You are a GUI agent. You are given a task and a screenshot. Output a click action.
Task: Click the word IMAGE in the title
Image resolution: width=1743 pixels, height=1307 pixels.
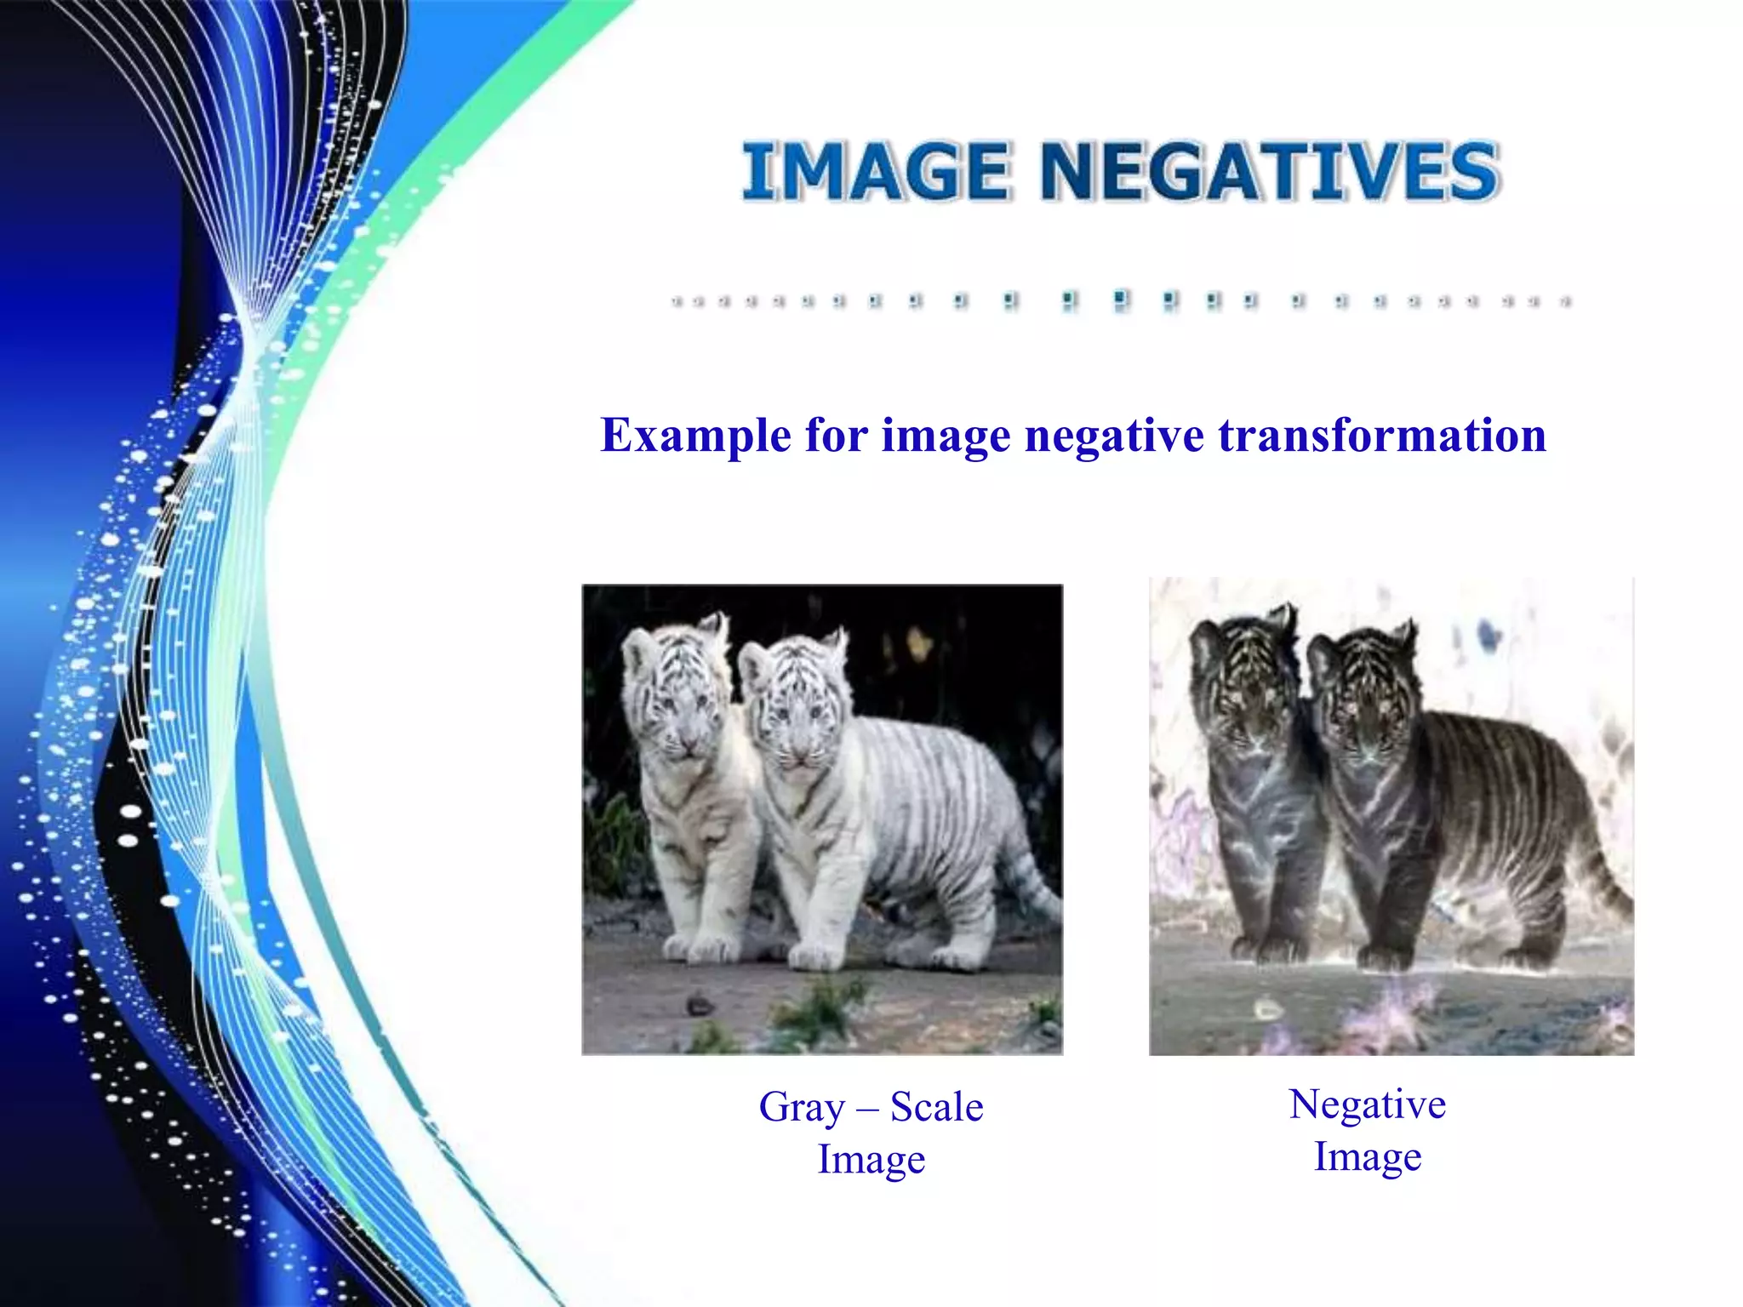pyautogui.click(x=877, y=173)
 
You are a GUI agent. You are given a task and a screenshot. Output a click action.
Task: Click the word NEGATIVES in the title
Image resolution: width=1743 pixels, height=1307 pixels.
pyautogui.click(x=1269, y=173)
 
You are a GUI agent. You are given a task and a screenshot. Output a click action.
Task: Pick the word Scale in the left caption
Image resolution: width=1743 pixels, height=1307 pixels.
pyautogui.click(x=936, y=1107)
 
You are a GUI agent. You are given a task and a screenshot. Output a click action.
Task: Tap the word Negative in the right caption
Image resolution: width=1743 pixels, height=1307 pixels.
pyautogui.click(x=1367, y=1104)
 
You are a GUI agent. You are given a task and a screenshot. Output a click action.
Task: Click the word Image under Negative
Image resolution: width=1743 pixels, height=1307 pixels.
pyautogui.click(x=1367, y=1156)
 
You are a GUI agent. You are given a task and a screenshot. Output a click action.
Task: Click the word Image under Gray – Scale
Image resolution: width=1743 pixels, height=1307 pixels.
pyautogui.click(x=871, y=1159)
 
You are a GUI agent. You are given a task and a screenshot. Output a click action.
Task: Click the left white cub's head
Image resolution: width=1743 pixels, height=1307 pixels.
pyautogui.click(x=672, y=689)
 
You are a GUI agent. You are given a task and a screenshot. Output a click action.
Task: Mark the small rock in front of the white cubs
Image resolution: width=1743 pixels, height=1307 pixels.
pyautogui.click(x=700, y=1005)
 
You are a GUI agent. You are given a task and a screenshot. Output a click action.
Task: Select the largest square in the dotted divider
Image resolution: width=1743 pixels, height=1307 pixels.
pyautogui.click(x=1121, y=300)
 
